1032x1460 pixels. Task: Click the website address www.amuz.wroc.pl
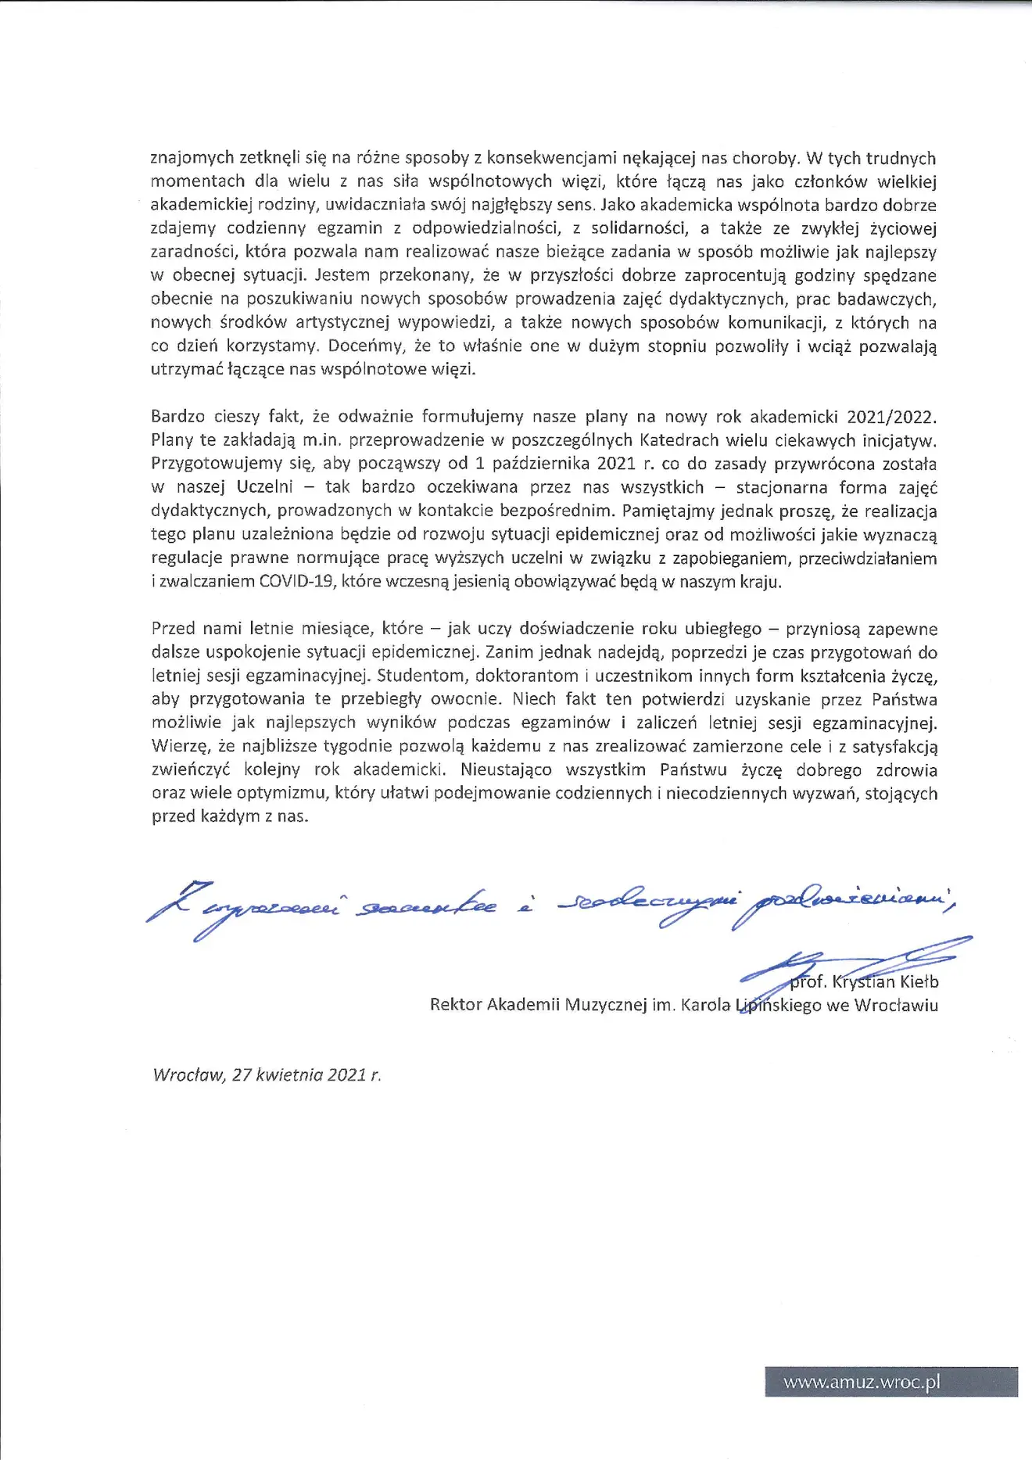point(862,1382)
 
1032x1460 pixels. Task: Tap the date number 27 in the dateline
point(242,1074)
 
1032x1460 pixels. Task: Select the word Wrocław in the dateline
point(188,1074)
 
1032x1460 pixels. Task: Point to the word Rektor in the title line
point(456,1005)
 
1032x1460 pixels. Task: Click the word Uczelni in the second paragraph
point(264,487)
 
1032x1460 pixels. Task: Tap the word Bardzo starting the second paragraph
point(177,417)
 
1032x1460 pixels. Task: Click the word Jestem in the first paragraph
point(341,275)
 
